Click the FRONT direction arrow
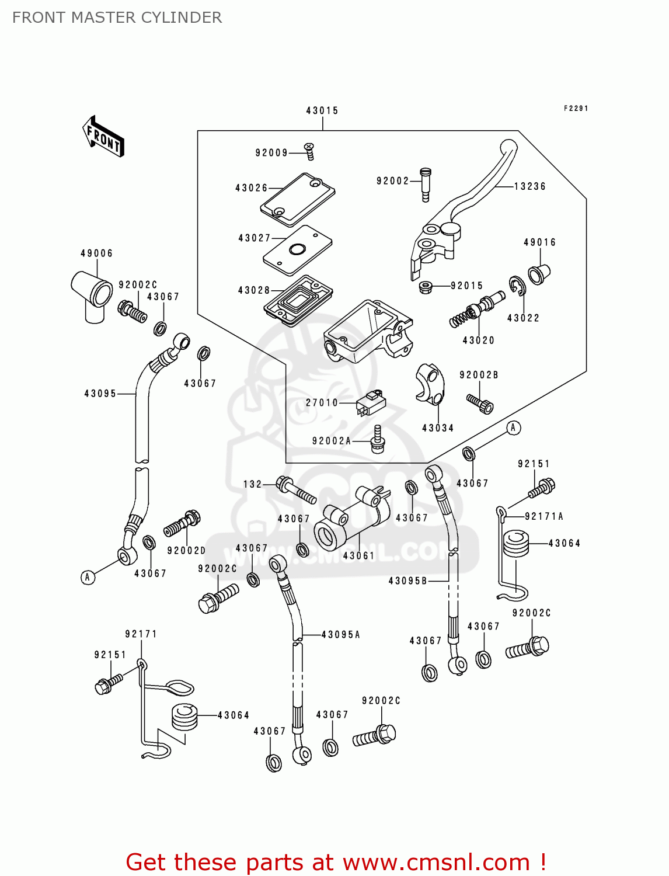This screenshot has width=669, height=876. pos(104,137)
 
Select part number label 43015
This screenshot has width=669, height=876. pos(322,110)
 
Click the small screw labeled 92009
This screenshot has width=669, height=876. pos(310,151)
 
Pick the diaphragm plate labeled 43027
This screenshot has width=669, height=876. pos(297,249)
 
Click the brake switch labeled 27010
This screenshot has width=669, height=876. pos(370,402)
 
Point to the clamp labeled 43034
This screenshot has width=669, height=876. pos(430,384)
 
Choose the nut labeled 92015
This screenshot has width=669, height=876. pos(426,287)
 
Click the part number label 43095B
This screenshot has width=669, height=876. pos(408,581)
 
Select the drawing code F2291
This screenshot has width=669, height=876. pos(576,108)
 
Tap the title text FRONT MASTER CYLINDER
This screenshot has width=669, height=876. pos(117,18)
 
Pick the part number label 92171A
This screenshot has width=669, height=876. pos(544,516)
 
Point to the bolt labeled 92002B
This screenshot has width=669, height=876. pos(480,403)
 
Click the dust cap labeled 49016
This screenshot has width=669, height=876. pos(539,273)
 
